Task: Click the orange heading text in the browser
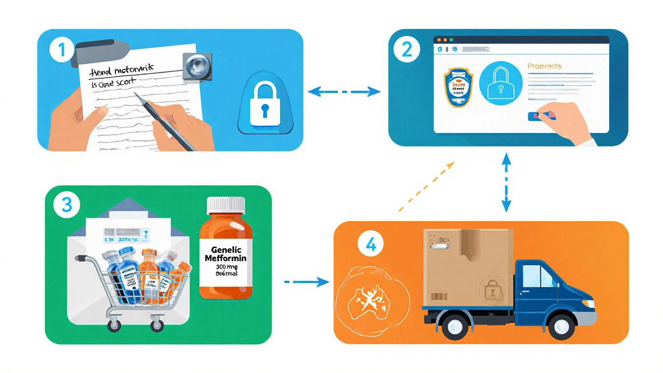click(544, 66)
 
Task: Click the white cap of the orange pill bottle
click(226, 205)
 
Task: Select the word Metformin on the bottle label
click(226, 257)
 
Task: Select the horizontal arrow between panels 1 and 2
click(344, 92)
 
